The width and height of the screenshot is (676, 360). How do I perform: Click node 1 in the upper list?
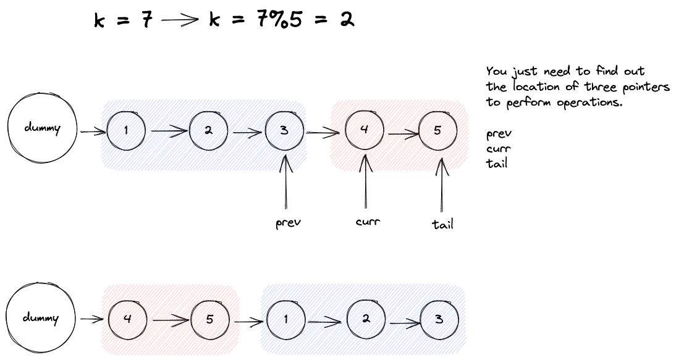pyautogui.click(x=126, y=130)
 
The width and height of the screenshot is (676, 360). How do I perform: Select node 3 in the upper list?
pyautogui.click(x=284, y=131)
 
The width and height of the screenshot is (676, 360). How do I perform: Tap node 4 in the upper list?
pyautogui.click(x=365, y=131)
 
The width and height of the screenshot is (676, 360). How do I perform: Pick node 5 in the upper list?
pyautogui.click(x=438, y=131)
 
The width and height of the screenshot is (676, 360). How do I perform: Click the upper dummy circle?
pyautogui.click(x=41, y=128)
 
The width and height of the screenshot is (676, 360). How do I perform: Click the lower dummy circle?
pyautogui.click(x=41, y=318)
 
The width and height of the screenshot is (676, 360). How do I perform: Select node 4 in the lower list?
pyautogui.click(x=127, y=320)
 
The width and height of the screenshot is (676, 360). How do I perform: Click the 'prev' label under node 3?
pyautogui.click(x=288, y=223)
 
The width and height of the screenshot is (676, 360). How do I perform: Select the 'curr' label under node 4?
pyautogui.click(x=368, y=221)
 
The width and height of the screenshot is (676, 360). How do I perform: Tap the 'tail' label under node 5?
pyautogui.click(x=442, y=224)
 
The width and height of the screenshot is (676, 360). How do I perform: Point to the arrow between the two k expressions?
pyautogui.click(x=180, y=20)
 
